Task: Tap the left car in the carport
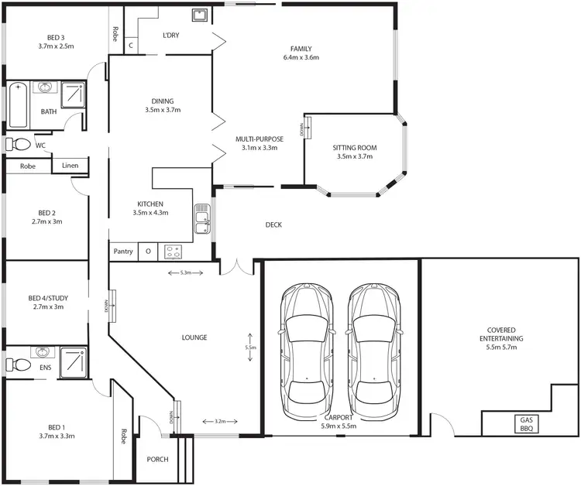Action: click(x=307, y=348)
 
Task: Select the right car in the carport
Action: click(x=375, y=348)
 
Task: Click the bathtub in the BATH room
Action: click(x=17, y=105)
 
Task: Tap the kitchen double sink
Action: click(x=202, y=218)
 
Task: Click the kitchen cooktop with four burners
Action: click(x=173, y=252)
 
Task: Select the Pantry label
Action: click(x=123, y=252)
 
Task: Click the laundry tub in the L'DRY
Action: click(x=199, y=15)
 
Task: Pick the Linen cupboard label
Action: click(x=70, y=166)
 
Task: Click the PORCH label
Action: click(x=157, y=460)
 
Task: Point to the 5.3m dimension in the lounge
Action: click(x=185, y=272)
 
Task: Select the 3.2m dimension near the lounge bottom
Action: click(x=220, y=422)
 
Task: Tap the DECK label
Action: click(x=273, y=225)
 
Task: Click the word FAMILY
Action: click(x=301, y=48)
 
